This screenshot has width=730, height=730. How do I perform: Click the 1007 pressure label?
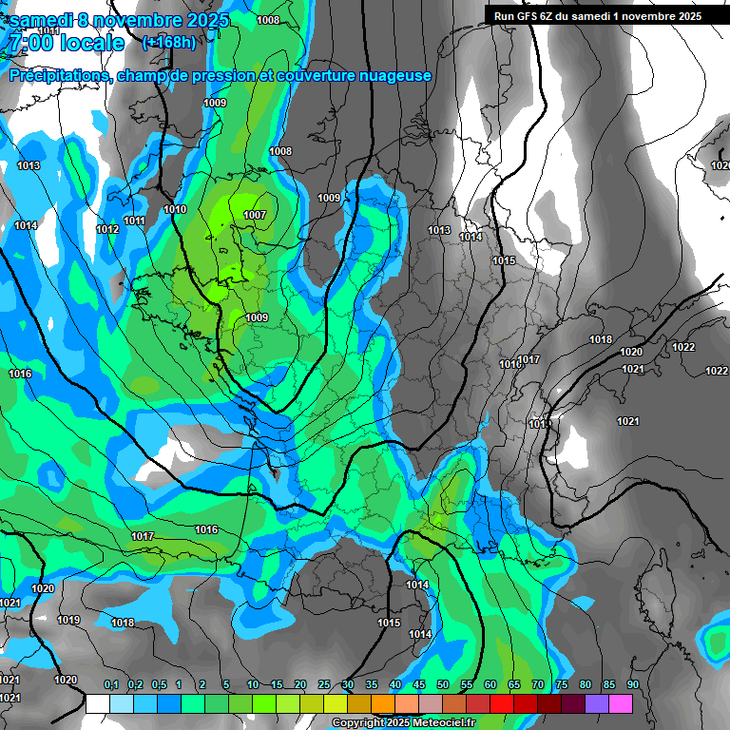tap(255, 216)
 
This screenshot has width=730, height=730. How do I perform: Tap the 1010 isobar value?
tap(175, 209)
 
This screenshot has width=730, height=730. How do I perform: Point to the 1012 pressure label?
tap(107, 230)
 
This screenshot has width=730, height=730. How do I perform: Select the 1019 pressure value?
tap(68, 620)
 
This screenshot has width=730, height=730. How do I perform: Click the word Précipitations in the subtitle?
tap(60, 76)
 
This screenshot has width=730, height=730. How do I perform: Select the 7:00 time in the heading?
tap(30, 43)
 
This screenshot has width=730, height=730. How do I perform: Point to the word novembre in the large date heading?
tap(140, 20)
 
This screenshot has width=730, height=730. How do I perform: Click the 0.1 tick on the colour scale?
tap(110, 684)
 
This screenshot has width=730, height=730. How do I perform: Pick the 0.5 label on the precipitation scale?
tap(158, 684)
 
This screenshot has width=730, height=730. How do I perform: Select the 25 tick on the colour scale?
tap(324, 684)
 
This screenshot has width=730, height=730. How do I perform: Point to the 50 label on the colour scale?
tap(443, 684)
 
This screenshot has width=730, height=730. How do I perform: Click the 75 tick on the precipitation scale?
tap(562, 684)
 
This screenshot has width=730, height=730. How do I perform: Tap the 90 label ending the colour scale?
tap(633, 684)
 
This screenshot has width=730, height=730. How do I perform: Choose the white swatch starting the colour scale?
tap(98, 703)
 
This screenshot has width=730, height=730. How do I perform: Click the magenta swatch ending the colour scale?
tap(621, 703)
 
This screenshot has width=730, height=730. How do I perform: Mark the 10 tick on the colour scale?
tap(253, 684)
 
